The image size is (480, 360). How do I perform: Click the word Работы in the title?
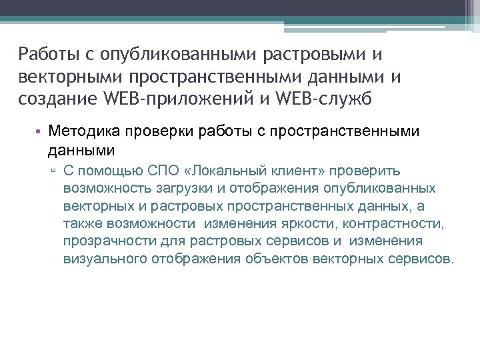(45, 53)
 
